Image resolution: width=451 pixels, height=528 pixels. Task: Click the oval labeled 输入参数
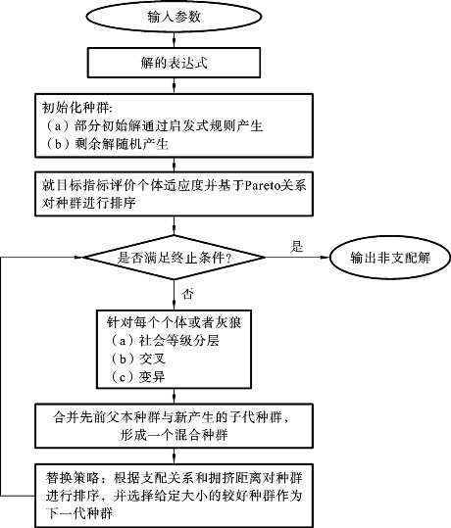tap(174, 16)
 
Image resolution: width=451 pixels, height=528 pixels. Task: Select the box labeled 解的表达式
tap(174, 63)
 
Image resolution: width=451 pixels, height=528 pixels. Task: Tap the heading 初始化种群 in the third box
tap(76, 108)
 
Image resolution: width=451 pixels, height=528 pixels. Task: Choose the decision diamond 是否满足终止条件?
tap(174, 258)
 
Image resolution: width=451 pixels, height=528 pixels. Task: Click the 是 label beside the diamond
tap(297, 247)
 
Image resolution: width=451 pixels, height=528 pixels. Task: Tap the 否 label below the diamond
tap(187, 294)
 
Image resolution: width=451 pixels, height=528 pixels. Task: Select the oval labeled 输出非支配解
tap(390, 258)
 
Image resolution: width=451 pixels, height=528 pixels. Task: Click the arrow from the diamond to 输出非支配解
tap(297, 258)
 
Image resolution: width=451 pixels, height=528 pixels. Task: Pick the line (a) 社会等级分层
tap(164, 341)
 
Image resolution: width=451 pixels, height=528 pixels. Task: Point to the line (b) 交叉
tap(137, 359)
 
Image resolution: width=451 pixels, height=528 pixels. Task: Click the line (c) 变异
tap(137, 377)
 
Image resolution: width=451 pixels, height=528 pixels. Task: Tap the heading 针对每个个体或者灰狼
tap(174, 322)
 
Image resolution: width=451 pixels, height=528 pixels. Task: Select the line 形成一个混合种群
tap(174, 435)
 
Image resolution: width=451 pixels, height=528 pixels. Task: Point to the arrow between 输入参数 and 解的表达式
tap(174, 39)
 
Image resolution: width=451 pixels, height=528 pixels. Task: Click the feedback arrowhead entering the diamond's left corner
tap(78, 258)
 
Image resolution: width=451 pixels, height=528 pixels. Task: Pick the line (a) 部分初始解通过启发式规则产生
tap(153, 126)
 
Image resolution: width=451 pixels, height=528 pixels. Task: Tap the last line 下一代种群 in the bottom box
tap(79, 513)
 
